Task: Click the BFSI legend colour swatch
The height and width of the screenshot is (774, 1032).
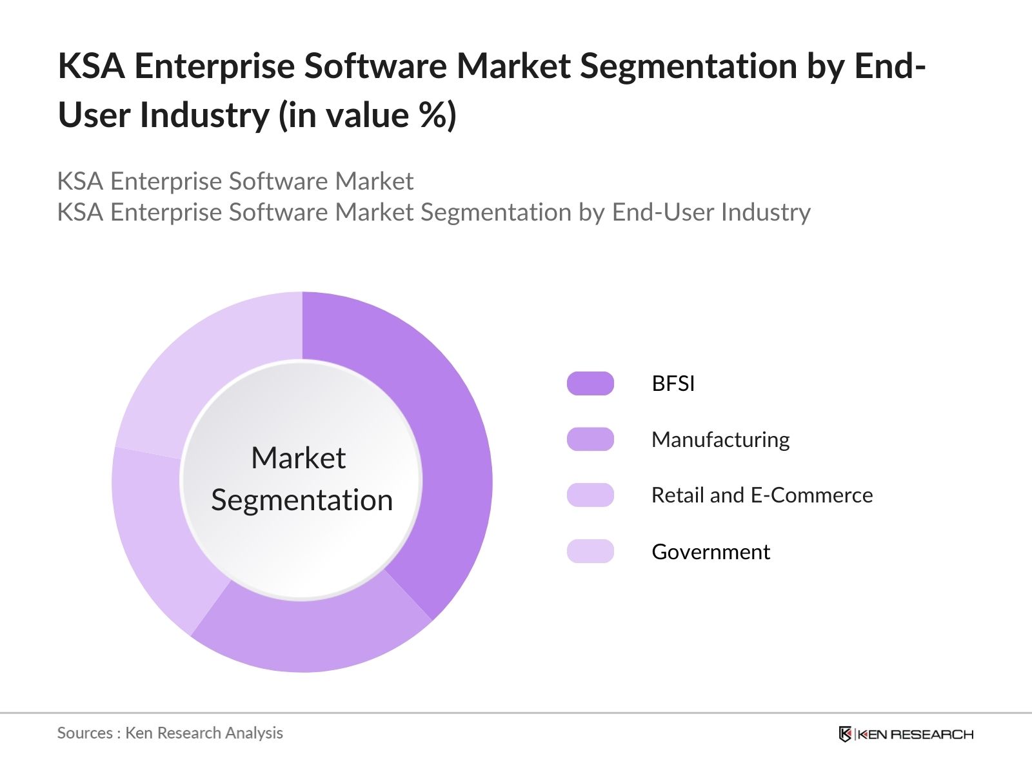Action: (x=590, y=384)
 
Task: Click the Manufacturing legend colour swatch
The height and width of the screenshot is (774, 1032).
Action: (x=590, y=439)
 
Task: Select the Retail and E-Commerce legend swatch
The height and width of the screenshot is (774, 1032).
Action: (x=590, y=495)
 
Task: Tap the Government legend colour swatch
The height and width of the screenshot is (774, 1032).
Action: (x=590, y=551)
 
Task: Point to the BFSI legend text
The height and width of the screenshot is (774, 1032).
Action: (x=673, y=384)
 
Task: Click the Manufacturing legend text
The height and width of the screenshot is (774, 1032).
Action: (x=720, y=440)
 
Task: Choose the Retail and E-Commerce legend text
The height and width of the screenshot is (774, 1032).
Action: (x=762, y=495)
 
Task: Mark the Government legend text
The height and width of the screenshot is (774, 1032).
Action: (x=711, y=552)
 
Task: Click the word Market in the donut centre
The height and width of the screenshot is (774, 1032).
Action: (x=298, y=458)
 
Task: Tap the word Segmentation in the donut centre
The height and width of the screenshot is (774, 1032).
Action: (x=302, y=501)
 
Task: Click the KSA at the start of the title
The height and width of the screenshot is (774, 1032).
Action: (x=91, y=66)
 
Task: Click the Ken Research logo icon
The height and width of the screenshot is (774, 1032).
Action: (x=845, y=734)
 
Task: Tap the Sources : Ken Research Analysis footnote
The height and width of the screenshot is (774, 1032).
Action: (x=170, y=733)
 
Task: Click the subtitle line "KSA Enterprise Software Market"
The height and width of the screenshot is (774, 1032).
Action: (x=235, y=181)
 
